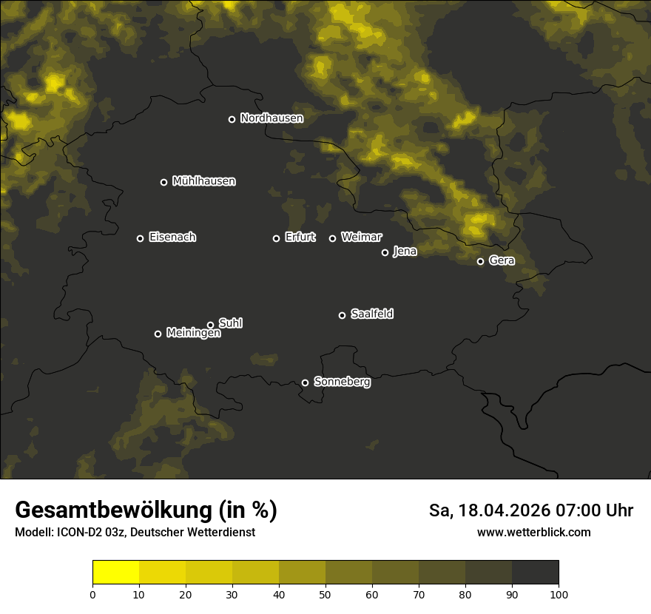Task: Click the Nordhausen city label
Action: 271,118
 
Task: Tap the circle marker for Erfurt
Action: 277,238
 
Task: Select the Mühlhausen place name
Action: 203,181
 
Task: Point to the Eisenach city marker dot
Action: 140,238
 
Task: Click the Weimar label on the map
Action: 361,237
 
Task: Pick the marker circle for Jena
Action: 385,252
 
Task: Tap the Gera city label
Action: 502,260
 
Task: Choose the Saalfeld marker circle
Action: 342,315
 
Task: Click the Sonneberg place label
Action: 342,382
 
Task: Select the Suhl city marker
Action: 211,325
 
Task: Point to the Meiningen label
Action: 193,334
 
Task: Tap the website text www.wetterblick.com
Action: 533,532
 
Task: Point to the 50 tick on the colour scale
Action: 325,594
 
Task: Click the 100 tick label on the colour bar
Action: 559,594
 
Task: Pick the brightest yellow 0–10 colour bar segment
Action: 116,573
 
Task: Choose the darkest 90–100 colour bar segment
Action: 535,573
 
